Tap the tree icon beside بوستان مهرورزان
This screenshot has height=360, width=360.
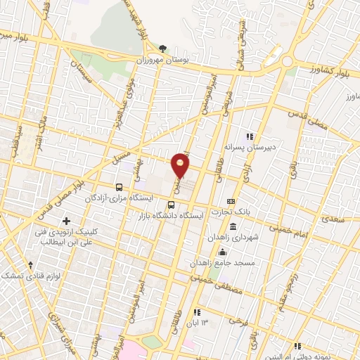[x=163, y=49]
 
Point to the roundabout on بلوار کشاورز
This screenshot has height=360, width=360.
[x=287, y=62]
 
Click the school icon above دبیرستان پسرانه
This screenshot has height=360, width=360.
[x=248, y=136]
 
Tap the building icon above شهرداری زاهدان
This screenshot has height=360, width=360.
[x=233, y=227]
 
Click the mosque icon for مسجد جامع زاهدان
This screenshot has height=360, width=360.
[x=223, y=252]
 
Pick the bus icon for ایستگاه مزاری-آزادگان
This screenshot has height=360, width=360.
[x=119, y=188]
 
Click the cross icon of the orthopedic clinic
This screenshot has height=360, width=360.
[x=66, y=221]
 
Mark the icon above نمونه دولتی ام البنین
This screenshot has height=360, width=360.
[x=298, y=346]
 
